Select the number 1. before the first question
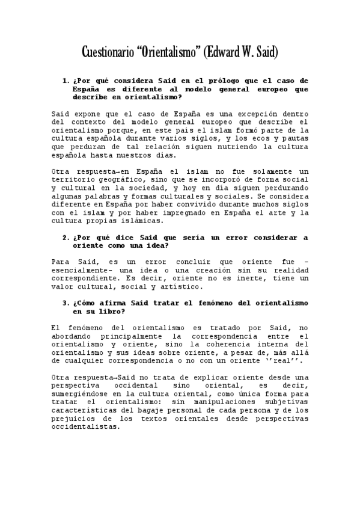coord(66,81)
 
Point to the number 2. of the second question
coord(66,238)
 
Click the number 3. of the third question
coord(66,304)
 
